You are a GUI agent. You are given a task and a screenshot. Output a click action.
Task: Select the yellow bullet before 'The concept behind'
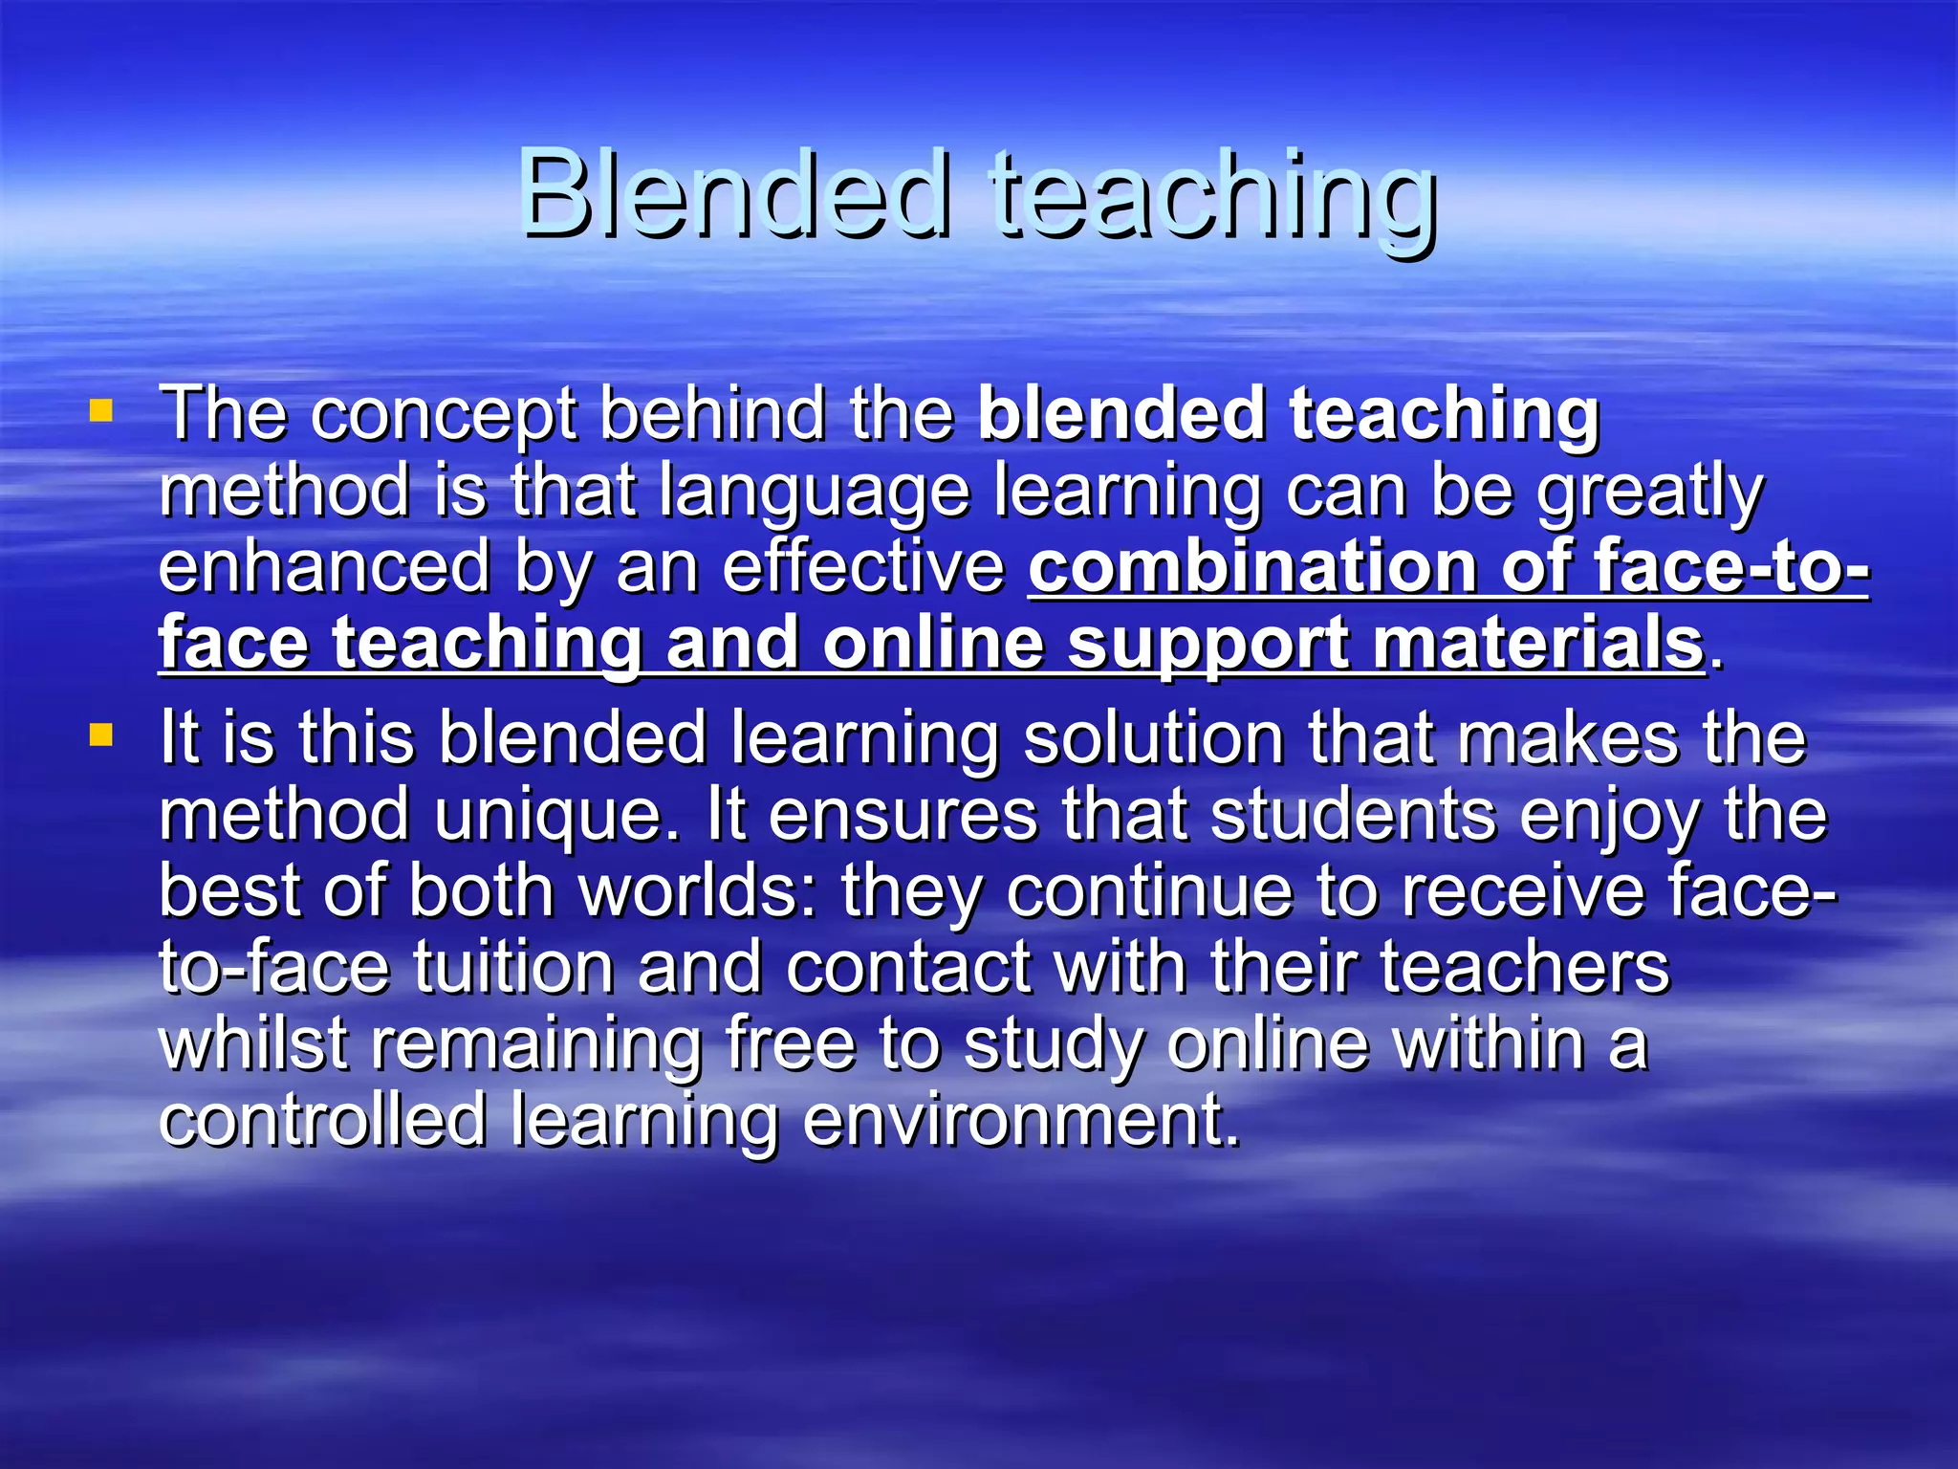pos(100,412)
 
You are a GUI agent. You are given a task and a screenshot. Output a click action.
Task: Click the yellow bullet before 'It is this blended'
pos(100,735)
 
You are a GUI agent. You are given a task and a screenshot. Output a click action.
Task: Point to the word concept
pos(444,417)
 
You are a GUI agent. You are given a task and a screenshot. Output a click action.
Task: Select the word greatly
pos(1649,493)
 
